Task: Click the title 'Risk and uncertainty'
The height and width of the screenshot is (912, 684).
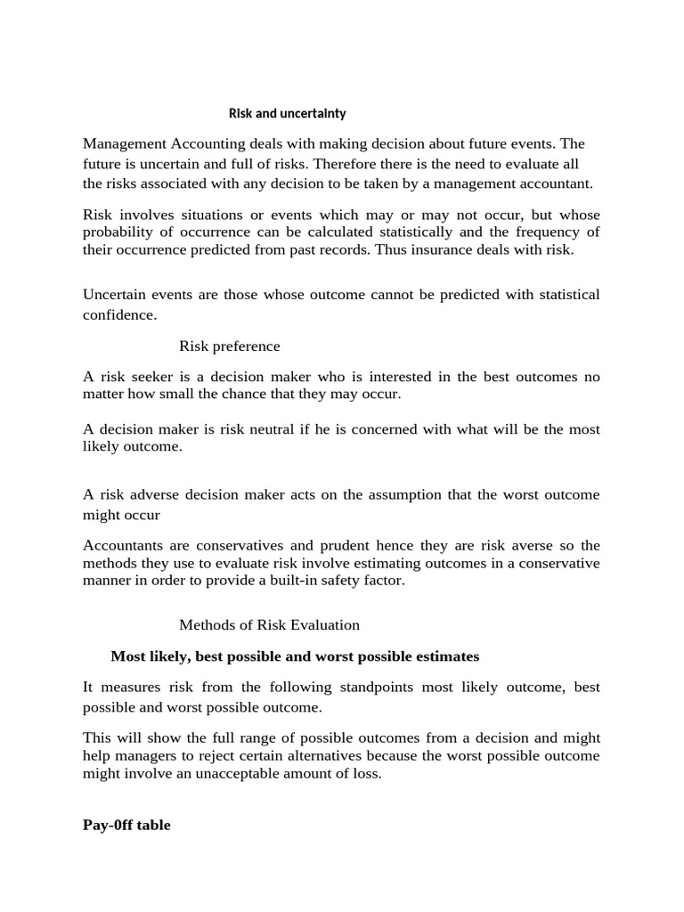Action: (287, 114)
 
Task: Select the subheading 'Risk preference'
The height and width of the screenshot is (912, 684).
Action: (229, 346)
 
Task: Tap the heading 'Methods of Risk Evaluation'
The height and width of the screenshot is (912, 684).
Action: (269, 625)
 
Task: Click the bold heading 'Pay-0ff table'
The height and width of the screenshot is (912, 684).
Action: (126, 825)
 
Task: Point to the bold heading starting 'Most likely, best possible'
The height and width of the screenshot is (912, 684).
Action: (294, 656)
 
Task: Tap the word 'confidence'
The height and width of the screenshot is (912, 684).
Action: (118, 314)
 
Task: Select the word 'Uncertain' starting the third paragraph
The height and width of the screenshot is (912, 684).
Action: (116, 295)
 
